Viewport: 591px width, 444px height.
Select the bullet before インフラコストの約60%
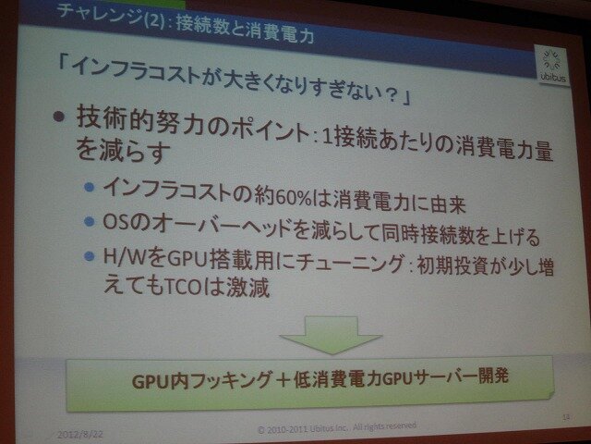point(89,191)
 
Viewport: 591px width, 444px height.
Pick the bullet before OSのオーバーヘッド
point(89,223)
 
